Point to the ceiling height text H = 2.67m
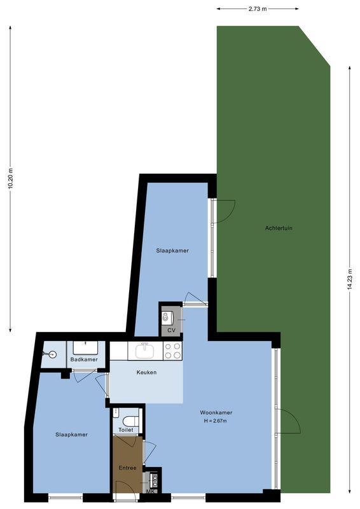[x=215, y=421]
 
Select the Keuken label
[x=146, y=372]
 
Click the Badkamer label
[x=84, y=360]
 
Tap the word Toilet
[x=126, y=430]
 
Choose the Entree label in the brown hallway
[x=128, y=468]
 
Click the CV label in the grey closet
[x=171, y=330]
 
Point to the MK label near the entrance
[x=151, y=491]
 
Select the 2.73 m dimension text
[x=257, y=9]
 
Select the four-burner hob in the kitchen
[x=172, y=350]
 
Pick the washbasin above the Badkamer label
[x=85, y=347]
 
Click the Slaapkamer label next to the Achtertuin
[x=172, y=251]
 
